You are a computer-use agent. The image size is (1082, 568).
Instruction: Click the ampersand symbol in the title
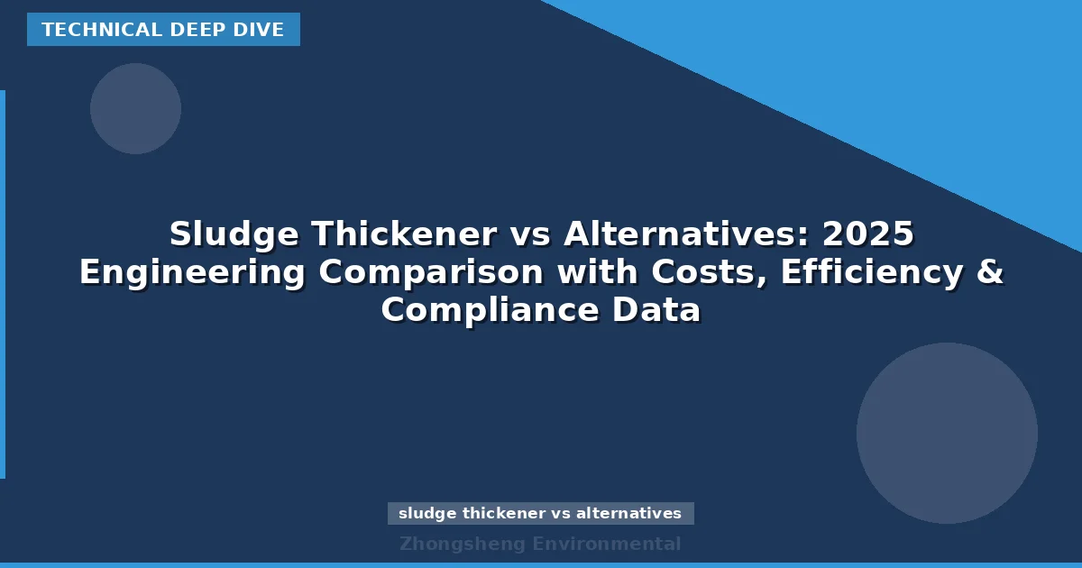pyautogui.click(x=989, y=272)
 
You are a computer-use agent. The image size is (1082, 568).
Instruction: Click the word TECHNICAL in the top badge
pyautogui.click(x=99, y=30)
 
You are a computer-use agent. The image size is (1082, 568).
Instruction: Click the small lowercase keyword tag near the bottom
pyautogui.click(x=540, y=513)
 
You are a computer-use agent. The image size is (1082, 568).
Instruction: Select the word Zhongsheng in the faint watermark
pyautogui.click(x=462, y=544)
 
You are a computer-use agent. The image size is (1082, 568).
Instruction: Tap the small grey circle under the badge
pyautogui.click(x=135, y=108)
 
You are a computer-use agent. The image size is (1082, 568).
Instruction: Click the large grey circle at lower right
pyautogui.click(x=947, y=433)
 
